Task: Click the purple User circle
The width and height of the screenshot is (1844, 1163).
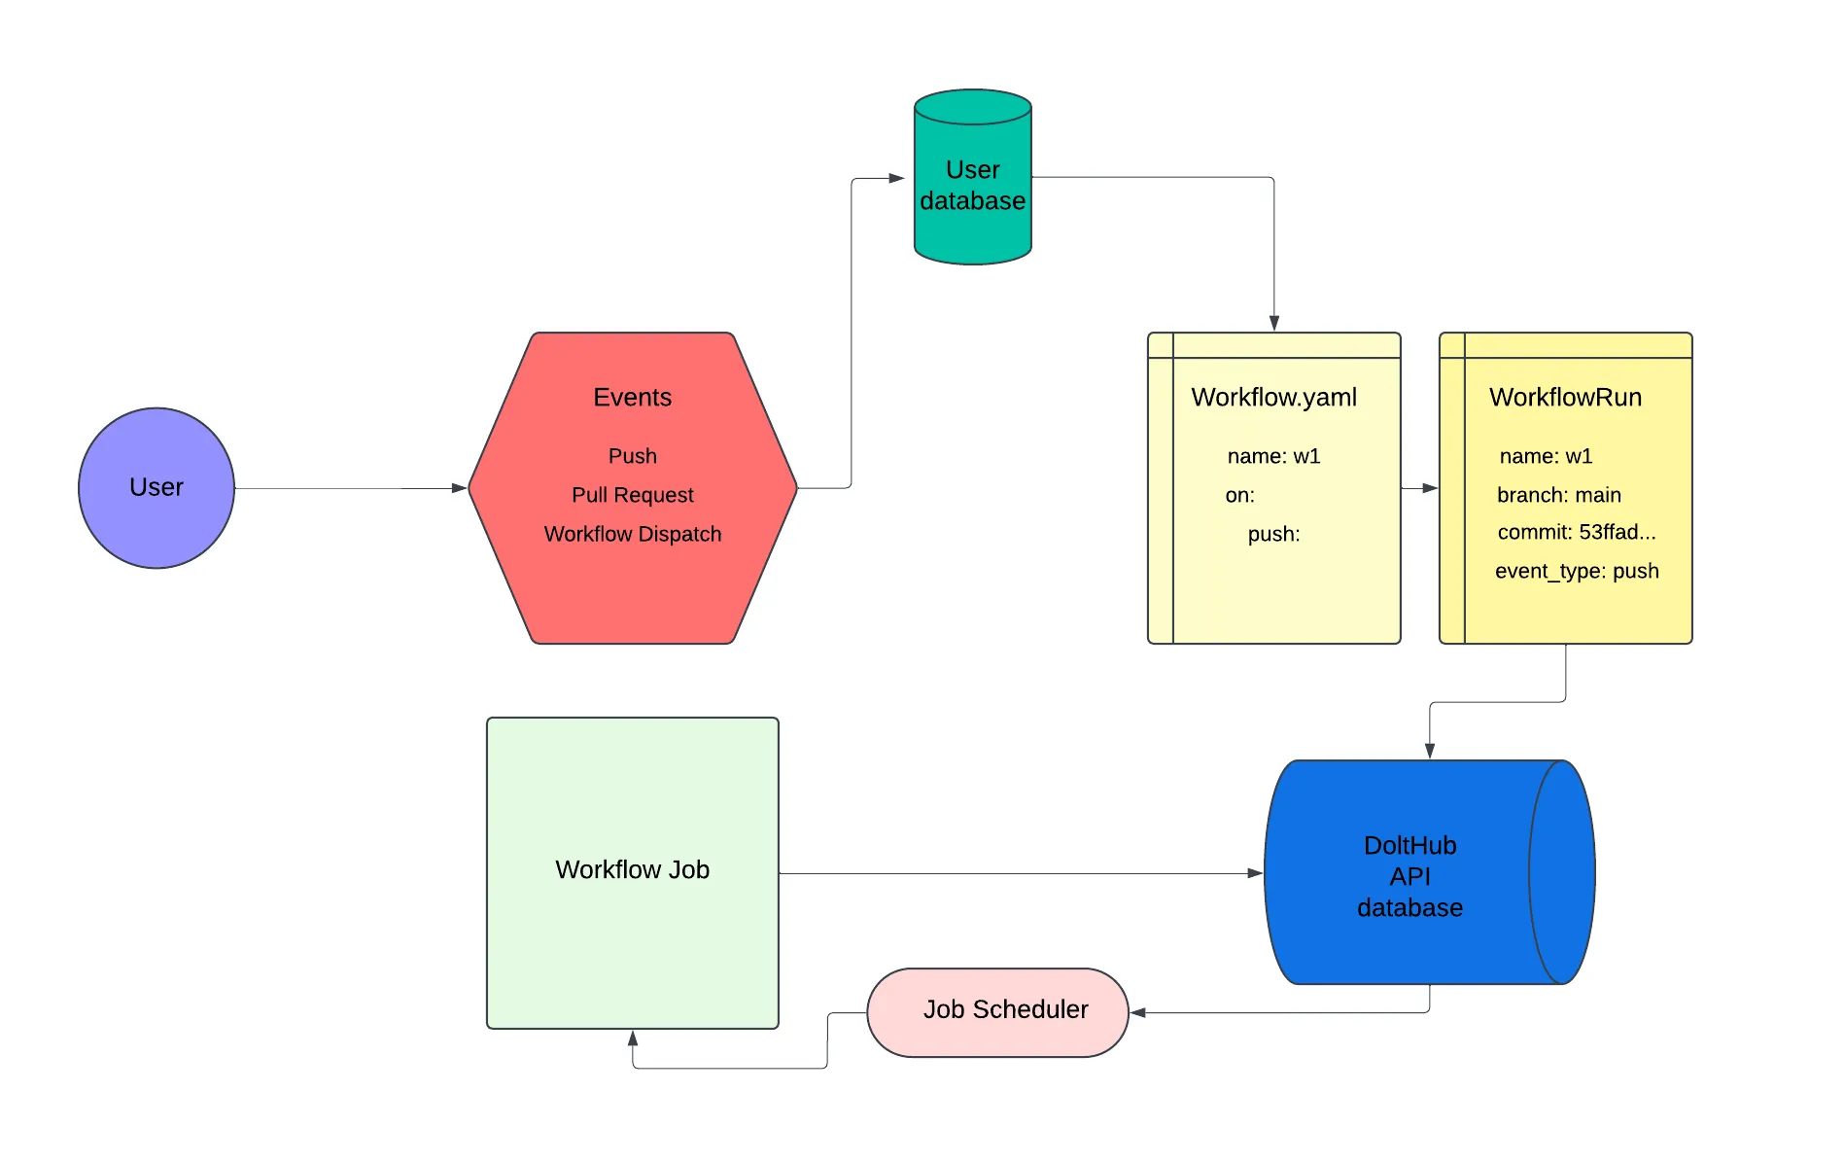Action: (x=156, y=487)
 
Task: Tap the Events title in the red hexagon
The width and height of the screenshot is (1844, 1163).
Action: (x=632, y=397)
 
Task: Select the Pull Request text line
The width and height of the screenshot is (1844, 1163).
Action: (x=632, y=495)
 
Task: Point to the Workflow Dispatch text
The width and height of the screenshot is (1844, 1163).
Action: (x=632, y=534)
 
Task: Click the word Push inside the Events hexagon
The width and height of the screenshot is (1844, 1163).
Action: (x=632, y=456)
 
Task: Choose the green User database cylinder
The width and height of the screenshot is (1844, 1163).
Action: (x=972, y=185)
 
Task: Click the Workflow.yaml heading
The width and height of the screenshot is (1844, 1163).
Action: (x=1273, y=397)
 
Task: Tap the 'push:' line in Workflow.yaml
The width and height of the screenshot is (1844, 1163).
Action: (x=1273, y=534)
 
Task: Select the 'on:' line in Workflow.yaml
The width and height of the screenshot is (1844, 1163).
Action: (x=1239, y=495)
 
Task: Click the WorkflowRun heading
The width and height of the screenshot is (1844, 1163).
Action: (x=1565, y=397)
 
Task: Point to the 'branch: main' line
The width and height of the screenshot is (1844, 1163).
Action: (x=1558, y=495)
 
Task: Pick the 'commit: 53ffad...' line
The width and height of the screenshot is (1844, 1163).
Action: (x=1576, y=532)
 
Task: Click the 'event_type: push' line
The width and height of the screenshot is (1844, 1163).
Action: (x=1576, y=571)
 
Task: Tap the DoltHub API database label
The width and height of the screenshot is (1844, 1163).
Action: (x=1409, y=876)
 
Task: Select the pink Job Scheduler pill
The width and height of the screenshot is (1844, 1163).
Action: (x=997, y=1011)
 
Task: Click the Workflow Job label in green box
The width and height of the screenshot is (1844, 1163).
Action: (x=632, y=869)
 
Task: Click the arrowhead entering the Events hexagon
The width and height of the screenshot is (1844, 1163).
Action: (x=460, y=488)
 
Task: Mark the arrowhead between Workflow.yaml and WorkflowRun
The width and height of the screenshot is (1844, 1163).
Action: (x=1430, y=488)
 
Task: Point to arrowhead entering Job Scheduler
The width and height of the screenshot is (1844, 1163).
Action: (x=1138, y=1012)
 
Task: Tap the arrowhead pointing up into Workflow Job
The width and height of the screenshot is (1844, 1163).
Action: (x=633, y=1039)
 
